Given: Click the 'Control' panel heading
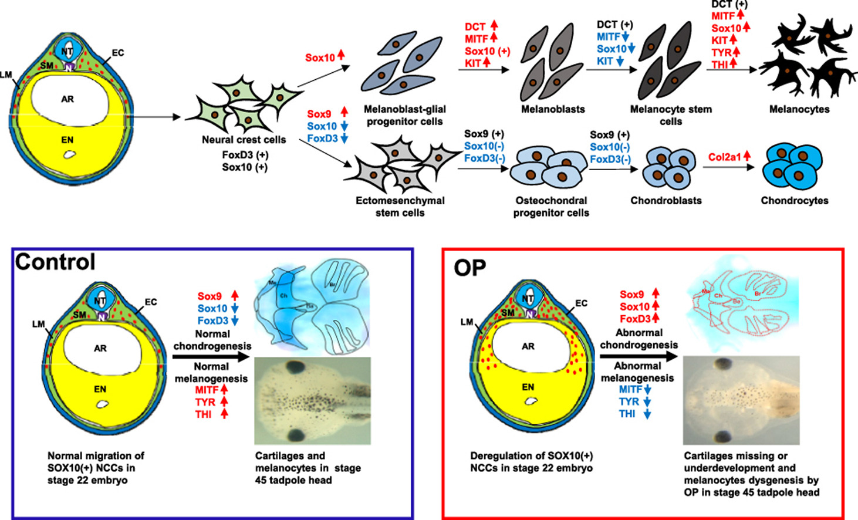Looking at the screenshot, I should coord(55,262).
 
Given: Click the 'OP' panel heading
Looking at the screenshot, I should coord(469,268).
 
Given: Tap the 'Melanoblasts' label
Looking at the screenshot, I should coord(553,109).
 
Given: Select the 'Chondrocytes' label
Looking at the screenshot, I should coord(795,201).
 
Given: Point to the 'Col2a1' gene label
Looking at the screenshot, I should coord(724,157).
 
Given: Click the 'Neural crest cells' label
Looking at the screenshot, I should coord(244,140).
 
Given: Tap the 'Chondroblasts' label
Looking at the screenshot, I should coord(666,201).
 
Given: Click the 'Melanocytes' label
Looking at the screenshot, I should coord(799,109).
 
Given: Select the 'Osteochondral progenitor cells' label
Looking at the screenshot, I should coord(551,207).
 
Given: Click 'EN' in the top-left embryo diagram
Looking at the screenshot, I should coord(67,140).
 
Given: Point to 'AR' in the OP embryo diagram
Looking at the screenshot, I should coord(528,346).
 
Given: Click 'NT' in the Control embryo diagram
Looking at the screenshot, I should coord(100,301).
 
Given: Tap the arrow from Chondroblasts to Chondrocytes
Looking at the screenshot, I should coord(728,167).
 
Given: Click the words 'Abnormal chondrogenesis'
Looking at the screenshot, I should coord(639,339).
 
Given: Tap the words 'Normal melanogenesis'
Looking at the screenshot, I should coord(211,373).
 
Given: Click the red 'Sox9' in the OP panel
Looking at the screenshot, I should coord(632,295).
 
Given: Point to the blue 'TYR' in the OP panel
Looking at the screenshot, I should coord(629,402).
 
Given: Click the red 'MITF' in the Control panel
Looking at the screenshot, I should coord(207,390).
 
